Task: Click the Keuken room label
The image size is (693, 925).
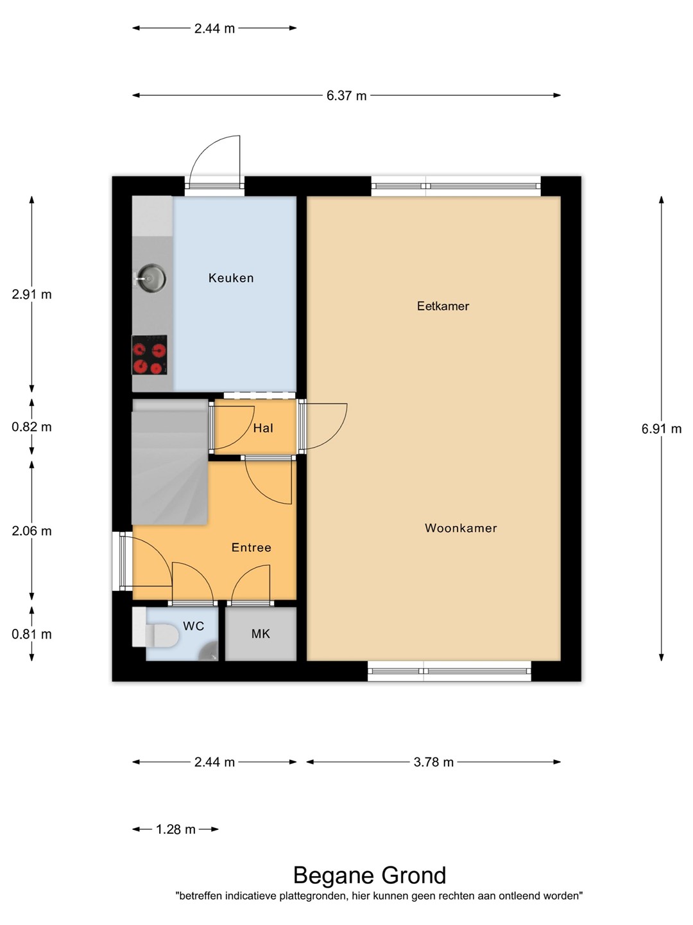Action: point(231,278)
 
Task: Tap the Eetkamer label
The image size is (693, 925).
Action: point(443,306)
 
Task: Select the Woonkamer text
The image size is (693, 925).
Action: point(461,528)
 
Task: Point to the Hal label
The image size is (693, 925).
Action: point(263,428)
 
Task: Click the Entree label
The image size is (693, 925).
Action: point(251,547)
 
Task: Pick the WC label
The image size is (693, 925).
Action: point(194,626)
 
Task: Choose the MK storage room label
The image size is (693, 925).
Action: point(261,634)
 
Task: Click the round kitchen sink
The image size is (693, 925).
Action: point(151,278)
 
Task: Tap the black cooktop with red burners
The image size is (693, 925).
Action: point(150,355)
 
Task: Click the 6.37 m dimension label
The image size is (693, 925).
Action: point(346,96)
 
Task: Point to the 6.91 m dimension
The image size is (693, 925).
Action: point(662,429)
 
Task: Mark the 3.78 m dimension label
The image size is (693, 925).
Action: point(433,762)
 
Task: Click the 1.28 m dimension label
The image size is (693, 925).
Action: point(175,830)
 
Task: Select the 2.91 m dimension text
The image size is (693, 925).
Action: point(31,295)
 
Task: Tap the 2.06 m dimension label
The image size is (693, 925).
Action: point(31,531)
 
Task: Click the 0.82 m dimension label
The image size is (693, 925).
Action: point(31,427)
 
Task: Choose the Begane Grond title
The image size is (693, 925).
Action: point(370,876)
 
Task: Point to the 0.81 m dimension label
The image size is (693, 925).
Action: point(31,634)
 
